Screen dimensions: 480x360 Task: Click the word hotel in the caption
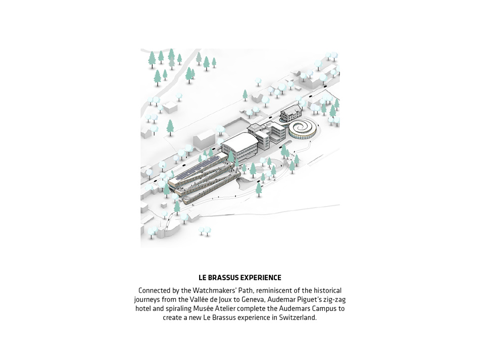[143, 308]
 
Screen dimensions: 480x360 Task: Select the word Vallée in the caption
[198, 299]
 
